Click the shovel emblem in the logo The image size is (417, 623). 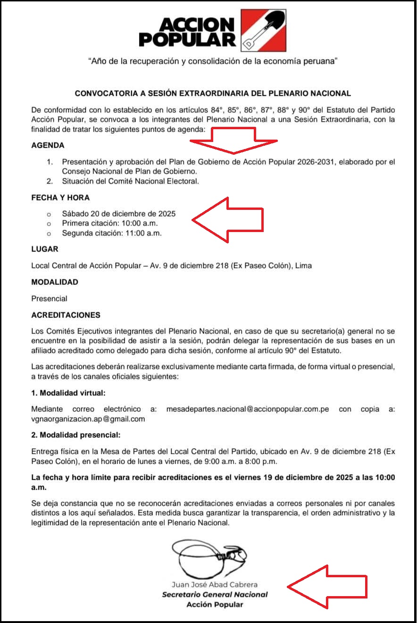(263, 31)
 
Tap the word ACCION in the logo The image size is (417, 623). (197, 25)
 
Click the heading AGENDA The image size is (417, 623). (48, 146)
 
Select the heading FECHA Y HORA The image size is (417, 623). (60, 198)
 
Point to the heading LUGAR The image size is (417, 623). (45, 249)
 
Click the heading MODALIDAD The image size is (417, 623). (55, 282)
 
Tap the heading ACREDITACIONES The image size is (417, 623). (66, 315)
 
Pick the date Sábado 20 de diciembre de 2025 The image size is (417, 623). (118, 214)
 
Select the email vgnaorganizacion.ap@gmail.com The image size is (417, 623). (88, 419)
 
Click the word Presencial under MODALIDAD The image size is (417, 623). (49, 299)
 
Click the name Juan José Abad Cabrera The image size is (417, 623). (215, 585)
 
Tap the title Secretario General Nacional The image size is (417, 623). (215, 595)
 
